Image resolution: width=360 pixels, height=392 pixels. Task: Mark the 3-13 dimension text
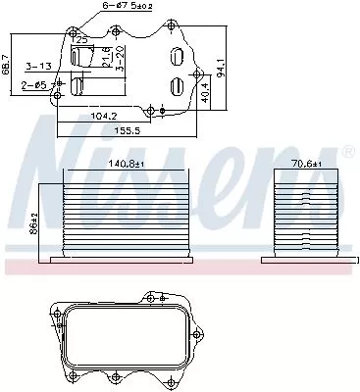tap(40, 68)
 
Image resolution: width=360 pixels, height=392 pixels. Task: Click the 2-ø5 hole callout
tap(35, 84)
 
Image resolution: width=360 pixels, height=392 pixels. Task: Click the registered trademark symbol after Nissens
tap(347, 153)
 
